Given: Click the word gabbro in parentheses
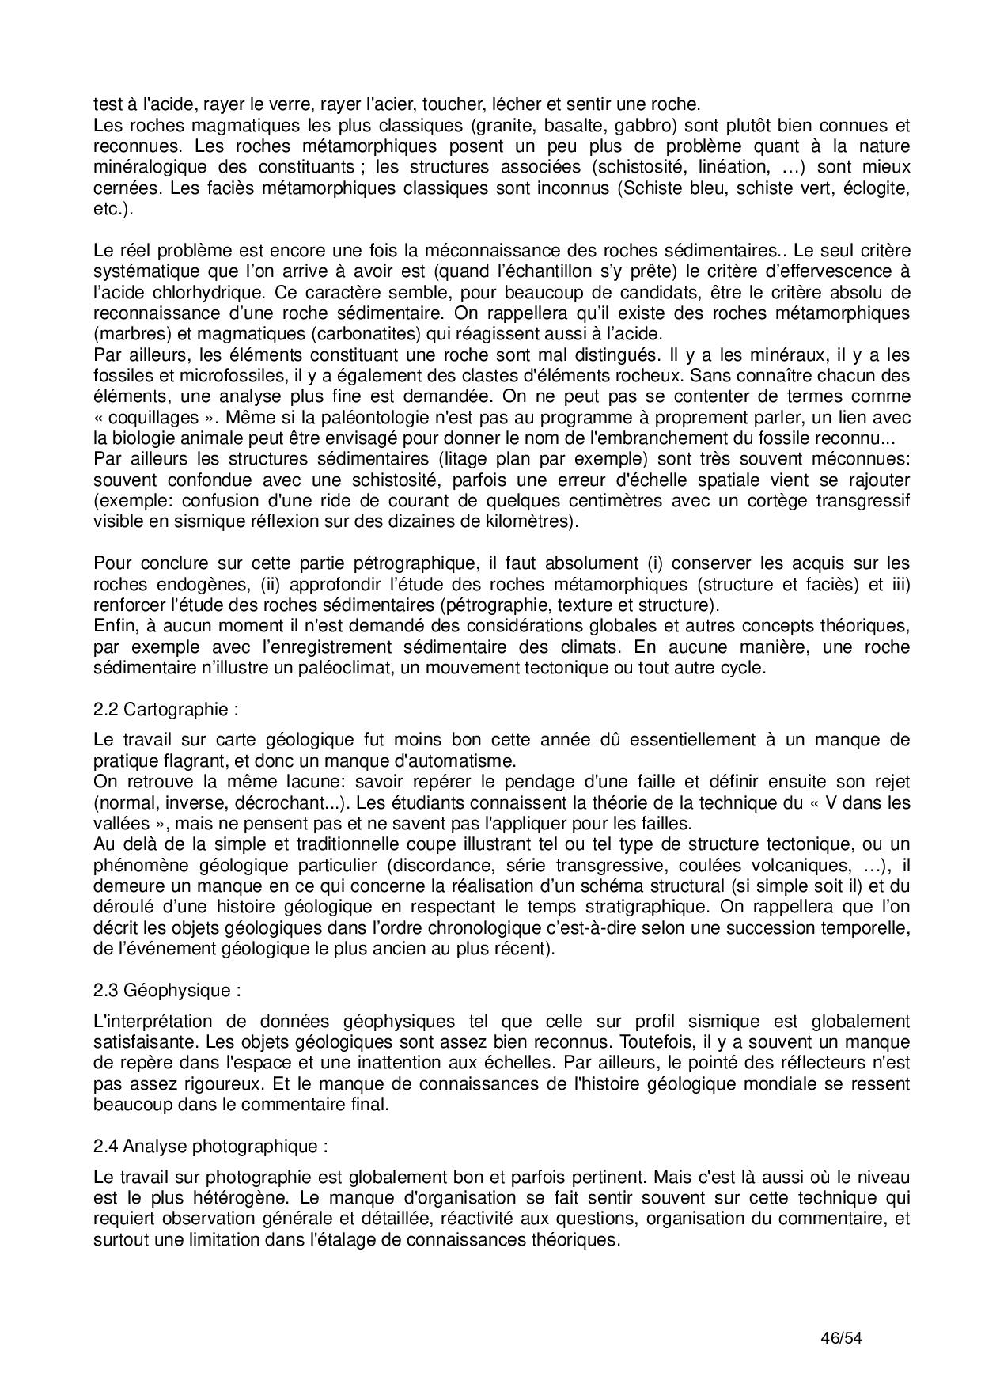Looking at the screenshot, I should click(649, 125).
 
